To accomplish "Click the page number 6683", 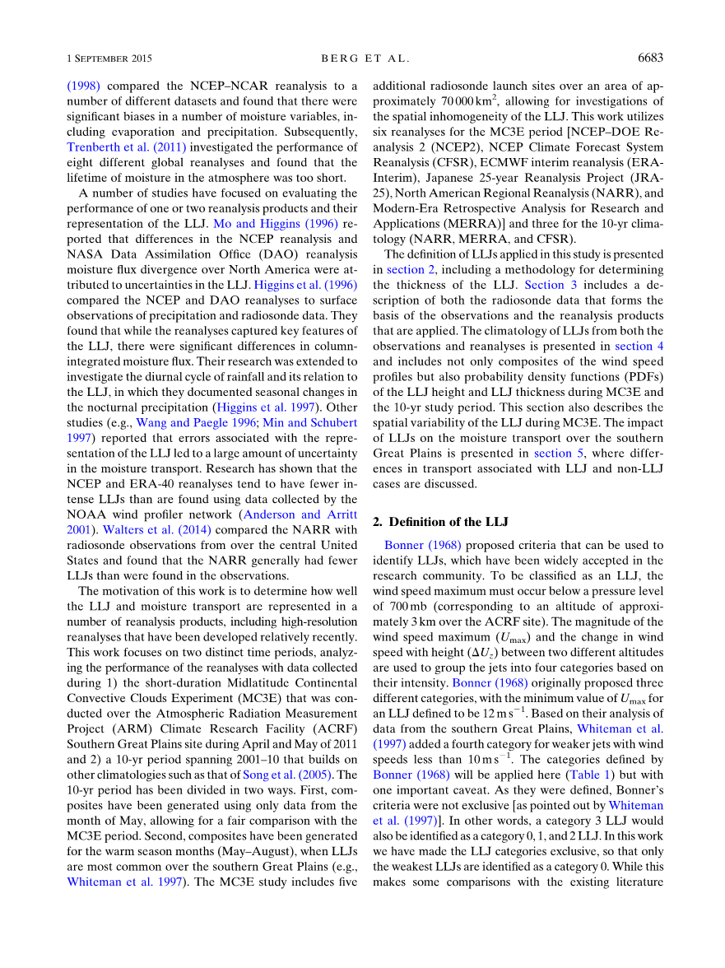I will [x=650, y=58].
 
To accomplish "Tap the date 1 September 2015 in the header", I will [x=109, y=58].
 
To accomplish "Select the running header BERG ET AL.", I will [x=364, y=58].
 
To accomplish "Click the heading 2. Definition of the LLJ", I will [x=441, y=522].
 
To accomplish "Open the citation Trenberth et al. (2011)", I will [x=127, y=147].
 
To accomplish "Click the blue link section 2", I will [x=407, y=269].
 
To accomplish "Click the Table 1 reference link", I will [x=584, y=775].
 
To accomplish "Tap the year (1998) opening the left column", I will [x=84, y=86].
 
